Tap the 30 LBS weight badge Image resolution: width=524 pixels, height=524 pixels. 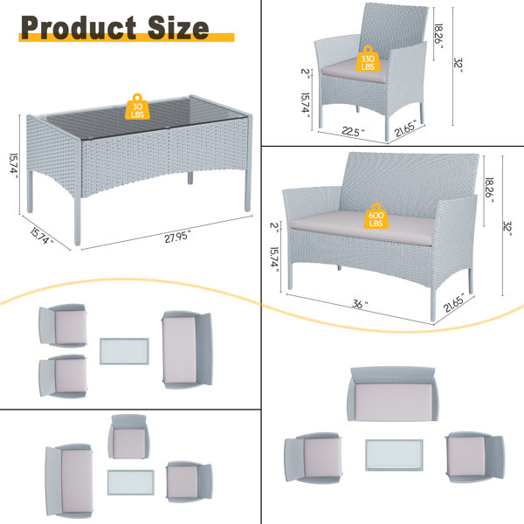pyautogui.click(x=138, y=104)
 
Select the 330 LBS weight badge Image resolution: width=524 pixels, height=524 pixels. pyautogui.click(x=368, y=59)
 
